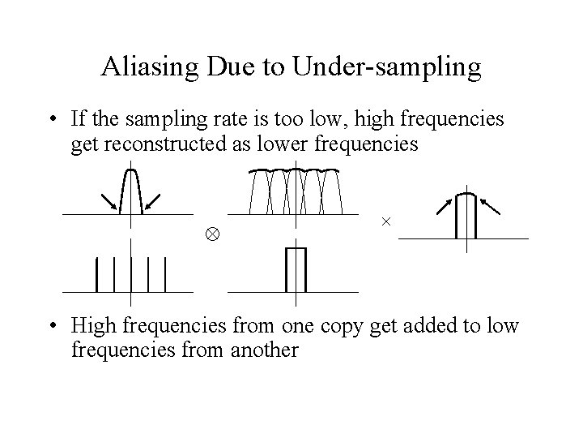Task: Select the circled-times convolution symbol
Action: (x=211, y=236)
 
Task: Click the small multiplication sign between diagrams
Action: (x=385, y=221)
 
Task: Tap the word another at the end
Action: (x=266, y=350)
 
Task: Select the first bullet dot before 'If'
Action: (x=52, y=121)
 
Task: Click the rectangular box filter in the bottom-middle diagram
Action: (x=296, y=268)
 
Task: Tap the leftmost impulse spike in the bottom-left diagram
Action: (x=97, y=274)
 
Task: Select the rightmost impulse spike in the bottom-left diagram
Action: (x=165, y=274)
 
